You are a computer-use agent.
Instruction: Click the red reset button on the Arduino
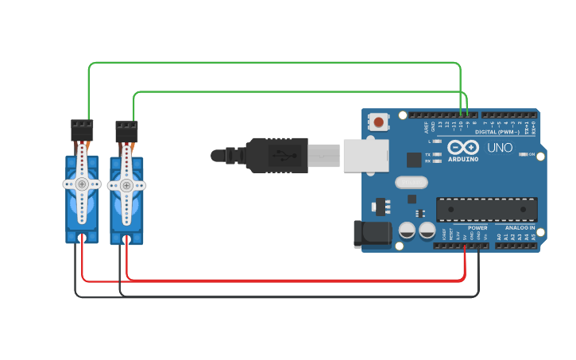379,122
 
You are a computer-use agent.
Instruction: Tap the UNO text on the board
500,148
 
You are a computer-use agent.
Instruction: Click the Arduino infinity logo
462,148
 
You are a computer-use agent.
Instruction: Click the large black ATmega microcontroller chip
486,209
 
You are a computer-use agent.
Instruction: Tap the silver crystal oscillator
411,182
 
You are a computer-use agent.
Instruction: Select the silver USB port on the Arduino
365,156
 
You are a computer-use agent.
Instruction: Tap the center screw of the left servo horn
82,184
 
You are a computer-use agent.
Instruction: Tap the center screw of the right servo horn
126,186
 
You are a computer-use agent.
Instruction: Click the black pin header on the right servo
126,131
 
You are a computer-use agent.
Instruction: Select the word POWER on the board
477,228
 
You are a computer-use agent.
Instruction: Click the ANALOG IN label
520,228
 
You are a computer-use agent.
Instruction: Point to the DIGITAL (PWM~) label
497,132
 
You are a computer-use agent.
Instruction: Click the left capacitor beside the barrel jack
407,230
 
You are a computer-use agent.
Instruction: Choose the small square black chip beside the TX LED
414,160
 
